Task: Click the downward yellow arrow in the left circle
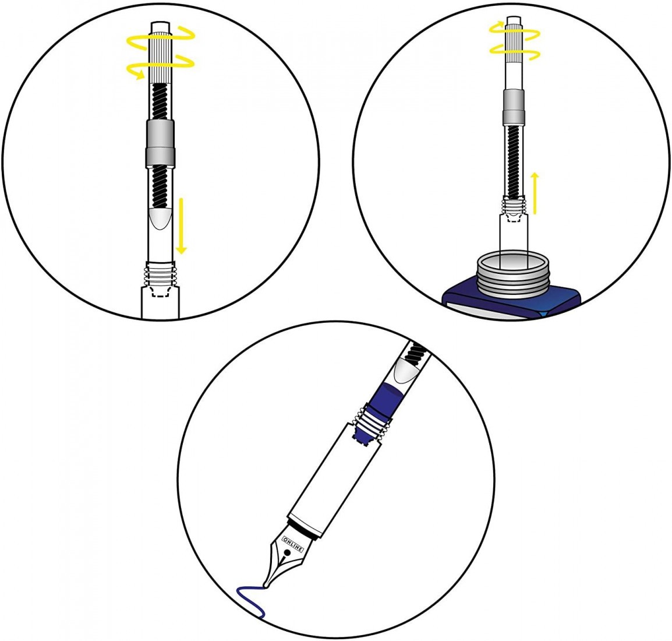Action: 182,226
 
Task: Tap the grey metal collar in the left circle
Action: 160,143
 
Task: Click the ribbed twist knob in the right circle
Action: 513,41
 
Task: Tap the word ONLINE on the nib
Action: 293,544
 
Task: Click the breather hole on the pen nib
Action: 287,552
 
